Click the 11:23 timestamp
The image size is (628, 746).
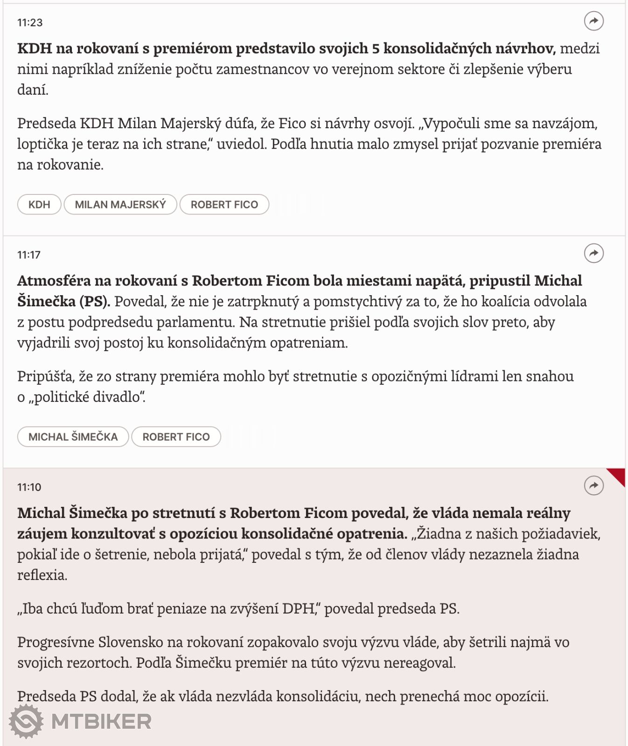click(x=30, y=22)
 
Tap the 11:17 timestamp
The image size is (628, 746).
click(x=29, y=255)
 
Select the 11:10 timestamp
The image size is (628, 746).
click(x=29, y=487)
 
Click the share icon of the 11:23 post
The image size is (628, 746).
click(x=593, y=21)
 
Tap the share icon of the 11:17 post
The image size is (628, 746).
click(x=593, y=253)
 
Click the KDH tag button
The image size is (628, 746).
click(x=39, y=205)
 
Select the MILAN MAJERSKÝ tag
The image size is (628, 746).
click(x=120, y=205)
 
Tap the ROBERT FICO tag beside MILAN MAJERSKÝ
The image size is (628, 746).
click(x=224, y=205)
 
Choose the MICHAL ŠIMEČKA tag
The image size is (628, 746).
click(x=73, y=437)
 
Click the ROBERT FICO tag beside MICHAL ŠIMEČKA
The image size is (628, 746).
click(x=176, y=437)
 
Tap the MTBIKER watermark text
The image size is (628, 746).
click(x=101, y=722)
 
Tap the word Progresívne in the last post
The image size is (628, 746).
click(x=56, y=642)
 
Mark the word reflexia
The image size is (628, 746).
click(x=42, y=575)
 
